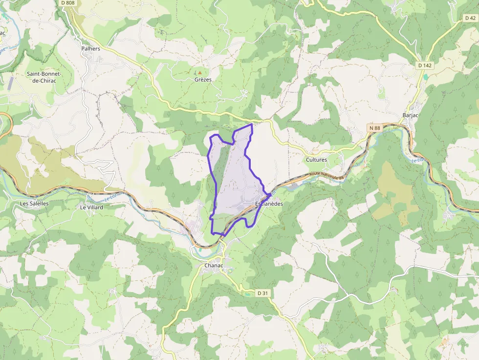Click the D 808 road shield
pyautogui.click(x=68, y=3)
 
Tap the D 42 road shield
pyautogui.click(x=470, y=18)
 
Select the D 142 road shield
pyautogui.click(x=425, y=65)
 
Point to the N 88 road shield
pyautogui.click(x=374, y=128)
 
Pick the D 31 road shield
pyautogui.click(x=262, y=293)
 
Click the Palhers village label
pyautogui.click(x=90, y=49)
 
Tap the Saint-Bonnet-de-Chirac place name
pyautogui.click(x=44, y=77)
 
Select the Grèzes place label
pyautogui.click(x=203, y=79)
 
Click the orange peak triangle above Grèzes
pyautogui.click(x=199, y=72)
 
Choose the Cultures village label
pyautogui.click(x=316, y=160)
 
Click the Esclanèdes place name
pyautogui.click(x=269, y=204)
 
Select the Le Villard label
pyautogui.click(x=91, y=207)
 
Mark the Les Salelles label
pyautogui.click(x=34, y=203)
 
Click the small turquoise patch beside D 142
pyautogui.click(x=425, y=77)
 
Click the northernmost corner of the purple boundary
pyautogui.click(x=252, y=124)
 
